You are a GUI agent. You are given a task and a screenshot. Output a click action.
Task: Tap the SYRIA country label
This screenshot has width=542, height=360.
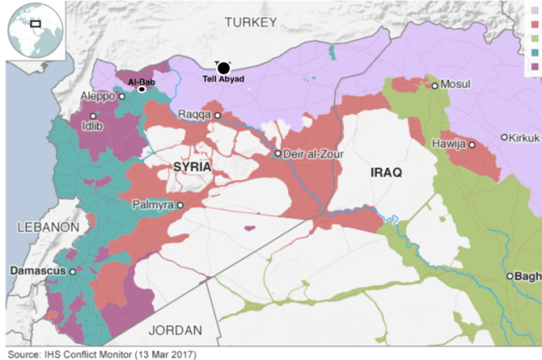(x=191, y=167)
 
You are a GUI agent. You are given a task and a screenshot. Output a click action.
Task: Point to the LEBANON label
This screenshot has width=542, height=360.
(x=47, y=228)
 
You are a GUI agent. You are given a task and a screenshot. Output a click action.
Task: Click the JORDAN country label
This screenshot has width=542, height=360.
(x=175, y=330)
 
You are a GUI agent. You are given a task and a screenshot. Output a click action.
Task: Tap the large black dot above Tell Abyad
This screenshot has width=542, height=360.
(x=224, y=68)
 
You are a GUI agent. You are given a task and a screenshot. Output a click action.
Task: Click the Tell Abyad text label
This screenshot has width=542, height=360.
(x=224, y=80)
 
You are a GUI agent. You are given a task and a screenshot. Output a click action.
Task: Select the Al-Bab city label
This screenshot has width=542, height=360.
(x=141, y=81)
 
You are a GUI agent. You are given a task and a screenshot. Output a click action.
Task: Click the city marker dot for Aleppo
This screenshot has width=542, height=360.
(x=122, y=97)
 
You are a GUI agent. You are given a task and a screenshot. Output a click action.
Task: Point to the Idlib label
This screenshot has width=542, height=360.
(x=91, y=127)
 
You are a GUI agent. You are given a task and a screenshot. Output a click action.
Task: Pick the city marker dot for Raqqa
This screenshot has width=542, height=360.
(x=218, y=115)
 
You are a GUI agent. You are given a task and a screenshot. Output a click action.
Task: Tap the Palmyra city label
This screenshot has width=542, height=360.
(x=152, y=205)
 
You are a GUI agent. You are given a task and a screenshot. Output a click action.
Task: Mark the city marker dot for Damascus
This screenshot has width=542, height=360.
(x=73, y=272)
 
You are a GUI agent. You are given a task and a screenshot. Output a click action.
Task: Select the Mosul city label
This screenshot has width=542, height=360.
(x=456, y=85)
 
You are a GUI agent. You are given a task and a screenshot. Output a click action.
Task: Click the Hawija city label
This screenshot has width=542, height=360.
(x=449, y=145)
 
